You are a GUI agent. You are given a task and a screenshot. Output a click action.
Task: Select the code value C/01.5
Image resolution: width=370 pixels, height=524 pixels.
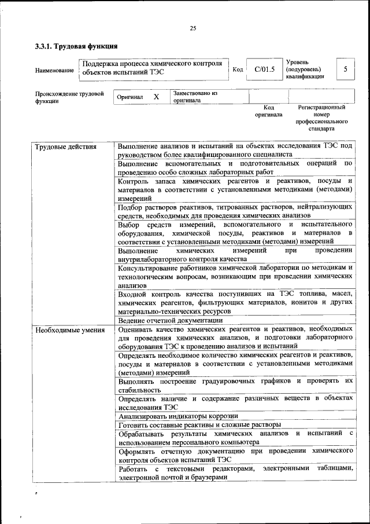pos(264,69)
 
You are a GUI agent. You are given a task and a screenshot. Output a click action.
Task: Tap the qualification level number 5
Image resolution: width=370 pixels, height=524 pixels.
pos(345,69)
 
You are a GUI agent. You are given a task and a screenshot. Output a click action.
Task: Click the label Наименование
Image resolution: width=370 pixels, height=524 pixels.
pos(54,71)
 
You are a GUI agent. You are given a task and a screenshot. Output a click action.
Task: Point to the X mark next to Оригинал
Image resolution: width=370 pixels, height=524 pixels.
pos(156,97)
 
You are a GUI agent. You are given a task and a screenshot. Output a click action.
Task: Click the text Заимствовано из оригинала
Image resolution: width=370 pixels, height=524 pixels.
pos(195,96)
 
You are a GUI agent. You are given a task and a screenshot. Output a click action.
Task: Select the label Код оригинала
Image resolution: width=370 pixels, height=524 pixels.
pos(268,111)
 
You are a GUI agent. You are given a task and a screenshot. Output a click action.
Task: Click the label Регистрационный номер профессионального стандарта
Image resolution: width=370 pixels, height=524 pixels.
pos(321,118)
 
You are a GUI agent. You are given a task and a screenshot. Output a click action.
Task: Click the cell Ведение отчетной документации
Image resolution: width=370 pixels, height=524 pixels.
pos(170,321)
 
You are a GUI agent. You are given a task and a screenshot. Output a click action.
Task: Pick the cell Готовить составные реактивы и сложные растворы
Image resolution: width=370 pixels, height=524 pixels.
pos(199,425)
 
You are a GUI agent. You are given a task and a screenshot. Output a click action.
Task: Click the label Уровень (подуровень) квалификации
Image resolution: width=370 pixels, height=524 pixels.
pos(305,69)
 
